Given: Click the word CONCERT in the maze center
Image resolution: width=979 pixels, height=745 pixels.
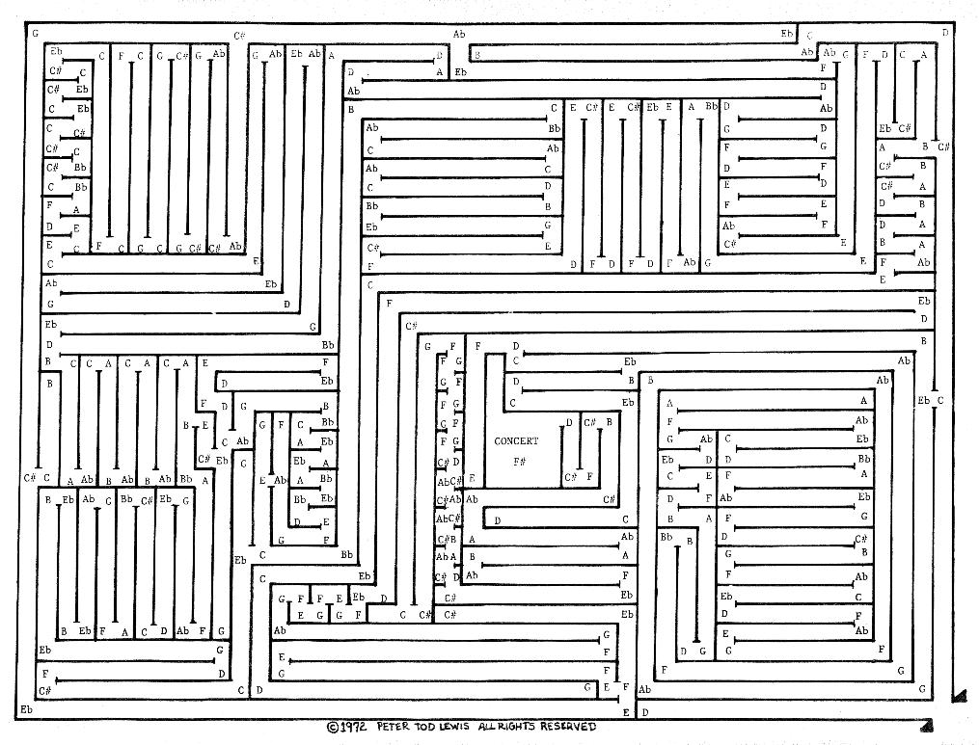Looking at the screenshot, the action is [516, 441].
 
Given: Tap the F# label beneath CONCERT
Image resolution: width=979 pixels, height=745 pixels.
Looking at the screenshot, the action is [519, 462].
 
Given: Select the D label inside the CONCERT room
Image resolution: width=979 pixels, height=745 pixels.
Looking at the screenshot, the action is [569, 422].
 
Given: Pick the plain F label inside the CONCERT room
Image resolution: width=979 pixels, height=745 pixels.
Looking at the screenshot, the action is [589, 476].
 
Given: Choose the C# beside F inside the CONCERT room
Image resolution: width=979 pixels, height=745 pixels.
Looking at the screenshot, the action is [569, 476].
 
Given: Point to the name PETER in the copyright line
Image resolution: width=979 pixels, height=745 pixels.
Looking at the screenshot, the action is [396, 727].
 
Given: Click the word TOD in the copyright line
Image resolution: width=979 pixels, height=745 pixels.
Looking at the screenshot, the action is [432, 727].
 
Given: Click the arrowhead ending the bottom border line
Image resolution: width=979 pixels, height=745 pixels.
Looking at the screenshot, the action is [926, 725].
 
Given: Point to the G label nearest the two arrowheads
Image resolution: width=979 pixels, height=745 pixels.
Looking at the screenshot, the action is [922, 689].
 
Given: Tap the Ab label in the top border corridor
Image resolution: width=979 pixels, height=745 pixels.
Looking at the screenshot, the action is [459, 34].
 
